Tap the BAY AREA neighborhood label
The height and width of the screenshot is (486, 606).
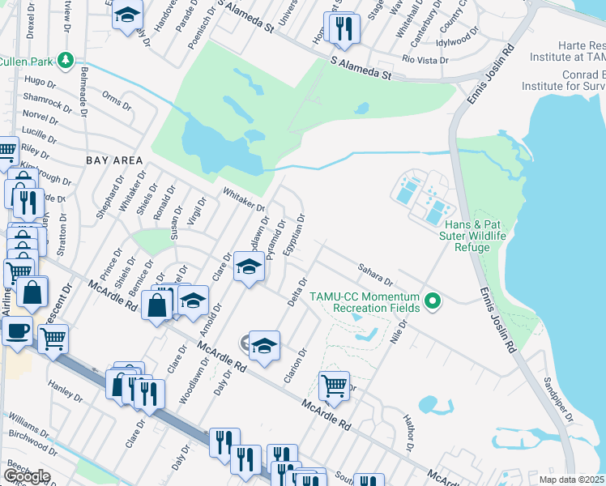coord(114,160)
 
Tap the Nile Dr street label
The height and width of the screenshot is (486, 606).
coord(398,331)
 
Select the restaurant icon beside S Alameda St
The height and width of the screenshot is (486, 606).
coord(343,29)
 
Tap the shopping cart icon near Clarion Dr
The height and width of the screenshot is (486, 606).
coord(334,386)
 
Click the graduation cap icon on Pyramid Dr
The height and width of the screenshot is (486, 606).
coord(249,266)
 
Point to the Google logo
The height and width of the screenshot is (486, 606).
coord(27,476)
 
